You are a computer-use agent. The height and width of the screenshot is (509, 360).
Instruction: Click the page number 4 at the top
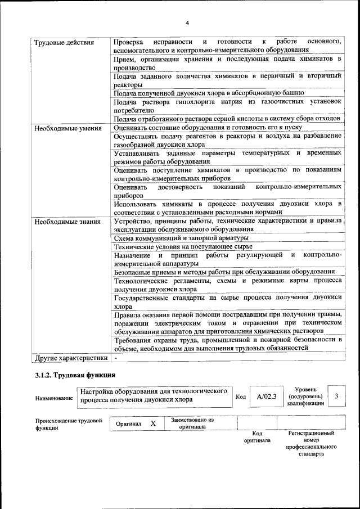click(187, 22)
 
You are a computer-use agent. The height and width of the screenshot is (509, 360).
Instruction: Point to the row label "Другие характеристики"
click(71, 358)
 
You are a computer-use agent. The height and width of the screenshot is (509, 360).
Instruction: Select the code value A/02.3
click(267, 397)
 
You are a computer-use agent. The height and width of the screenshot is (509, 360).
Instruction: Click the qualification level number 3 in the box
click(336, 397)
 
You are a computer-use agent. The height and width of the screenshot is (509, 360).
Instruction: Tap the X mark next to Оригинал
click(152, 423)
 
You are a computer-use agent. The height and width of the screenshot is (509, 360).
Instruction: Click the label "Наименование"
click(54, 398)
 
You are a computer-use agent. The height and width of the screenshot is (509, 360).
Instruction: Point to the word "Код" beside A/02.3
click(241, 397)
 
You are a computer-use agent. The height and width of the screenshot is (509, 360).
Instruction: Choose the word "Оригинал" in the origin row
click(128, 424)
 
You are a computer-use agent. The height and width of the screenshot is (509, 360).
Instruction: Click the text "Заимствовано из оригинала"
click(192, 423)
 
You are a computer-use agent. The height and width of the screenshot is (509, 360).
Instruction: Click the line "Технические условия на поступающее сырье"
click(183, 246)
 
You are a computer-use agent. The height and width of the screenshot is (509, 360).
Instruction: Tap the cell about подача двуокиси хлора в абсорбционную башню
click(209, 92)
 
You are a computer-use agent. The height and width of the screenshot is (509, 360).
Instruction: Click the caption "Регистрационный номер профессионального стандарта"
click(311, 443)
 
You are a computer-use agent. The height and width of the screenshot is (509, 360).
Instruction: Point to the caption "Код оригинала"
click(257, 437)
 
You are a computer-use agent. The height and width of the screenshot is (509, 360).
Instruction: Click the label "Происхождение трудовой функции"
click(68, 424)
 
